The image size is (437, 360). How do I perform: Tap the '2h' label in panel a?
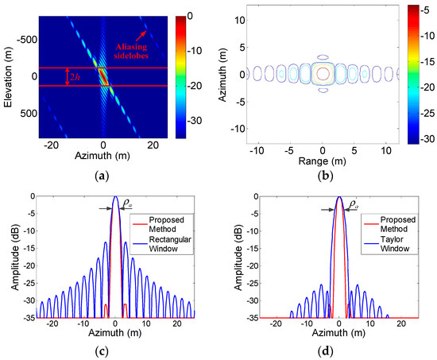tap(73, 77)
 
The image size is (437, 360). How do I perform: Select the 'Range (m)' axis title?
tap(323, 161)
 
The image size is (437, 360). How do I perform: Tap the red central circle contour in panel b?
tap(323, 74)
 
